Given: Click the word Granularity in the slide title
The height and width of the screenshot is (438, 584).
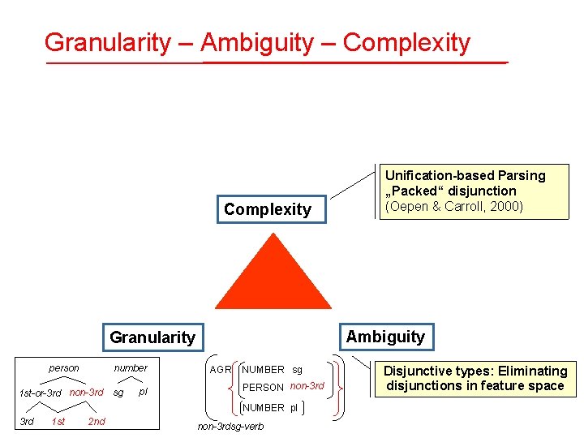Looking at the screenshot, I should [x=108, y=42].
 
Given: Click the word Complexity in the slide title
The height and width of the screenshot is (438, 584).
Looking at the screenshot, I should [x=406, y=42].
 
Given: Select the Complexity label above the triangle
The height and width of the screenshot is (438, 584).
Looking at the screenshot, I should [x=268, y=209].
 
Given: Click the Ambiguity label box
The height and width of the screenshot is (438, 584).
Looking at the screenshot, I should [x=385, y=336].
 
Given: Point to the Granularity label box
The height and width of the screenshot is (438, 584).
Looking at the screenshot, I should [x=152, y=337].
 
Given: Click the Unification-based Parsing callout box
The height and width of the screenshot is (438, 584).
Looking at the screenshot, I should [x=465, y=191].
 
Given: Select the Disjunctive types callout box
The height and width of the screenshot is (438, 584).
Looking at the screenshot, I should [x=475, y=378].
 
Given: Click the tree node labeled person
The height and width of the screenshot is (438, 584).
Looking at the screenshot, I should [x=64, y=368].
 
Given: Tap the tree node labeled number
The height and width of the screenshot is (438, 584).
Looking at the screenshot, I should [x=131, y=368].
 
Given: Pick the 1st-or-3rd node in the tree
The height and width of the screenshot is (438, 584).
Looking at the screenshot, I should [x=40, y=394].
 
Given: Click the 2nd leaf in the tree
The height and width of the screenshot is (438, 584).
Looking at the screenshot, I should [x=97, y=421].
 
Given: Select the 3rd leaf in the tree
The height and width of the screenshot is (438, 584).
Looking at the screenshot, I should [x=27, y=421].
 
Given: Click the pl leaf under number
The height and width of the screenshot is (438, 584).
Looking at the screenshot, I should [x=144, y=393].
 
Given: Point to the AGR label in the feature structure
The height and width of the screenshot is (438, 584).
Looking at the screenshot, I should [x=221, y=370].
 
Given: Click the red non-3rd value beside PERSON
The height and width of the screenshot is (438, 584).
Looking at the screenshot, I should [x=307, y=387].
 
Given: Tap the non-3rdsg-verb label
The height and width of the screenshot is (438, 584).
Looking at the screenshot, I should [x=231, y=427].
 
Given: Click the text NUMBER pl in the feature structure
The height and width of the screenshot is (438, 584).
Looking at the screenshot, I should [x=271, y=407].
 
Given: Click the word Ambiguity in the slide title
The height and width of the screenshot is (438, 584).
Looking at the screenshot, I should [x=256, y=42].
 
